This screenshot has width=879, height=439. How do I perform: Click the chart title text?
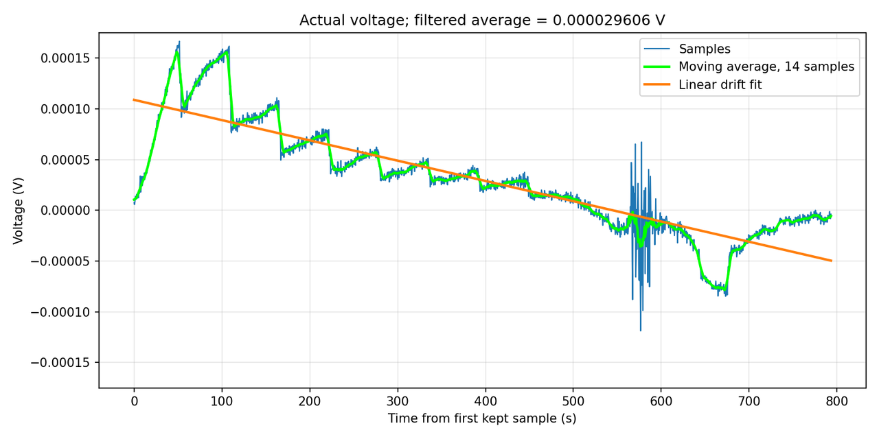point(482,20)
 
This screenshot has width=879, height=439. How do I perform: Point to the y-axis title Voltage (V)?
point(18,211)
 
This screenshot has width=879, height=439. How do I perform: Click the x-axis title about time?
point(482,418)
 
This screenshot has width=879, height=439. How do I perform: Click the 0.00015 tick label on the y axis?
point(65,58)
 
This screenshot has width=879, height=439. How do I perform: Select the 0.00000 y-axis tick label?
point(65,211)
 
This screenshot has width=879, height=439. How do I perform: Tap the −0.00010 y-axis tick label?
point(60,312)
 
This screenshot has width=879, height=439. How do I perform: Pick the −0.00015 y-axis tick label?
point(60,363)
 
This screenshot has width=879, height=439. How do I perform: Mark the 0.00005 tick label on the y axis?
point(65,160)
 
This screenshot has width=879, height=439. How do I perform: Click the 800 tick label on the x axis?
point(836,401)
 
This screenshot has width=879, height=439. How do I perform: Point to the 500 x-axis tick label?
point(573,401)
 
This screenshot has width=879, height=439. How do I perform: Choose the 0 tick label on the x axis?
point(134,401)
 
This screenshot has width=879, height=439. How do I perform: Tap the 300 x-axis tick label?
point(398,401)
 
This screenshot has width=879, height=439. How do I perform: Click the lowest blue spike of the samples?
point(641,331)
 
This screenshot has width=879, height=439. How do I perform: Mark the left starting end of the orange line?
point(134,99)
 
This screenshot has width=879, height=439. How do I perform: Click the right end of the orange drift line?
point(832,261)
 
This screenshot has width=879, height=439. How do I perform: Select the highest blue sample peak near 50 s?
point(179,41)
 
